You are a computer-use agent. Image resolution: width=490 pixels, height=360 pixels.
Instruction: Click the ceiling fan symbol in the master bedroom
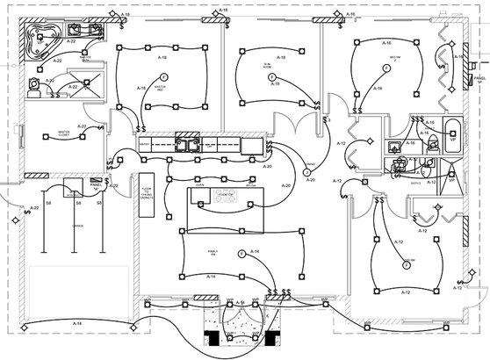pos(162,78)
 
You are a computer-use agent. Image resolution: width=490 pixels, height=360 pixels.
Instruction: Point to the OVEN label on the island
pos(199,185)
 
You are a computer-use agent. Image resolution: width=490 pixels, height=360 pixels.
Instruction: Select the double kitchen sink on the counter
pos(186,143)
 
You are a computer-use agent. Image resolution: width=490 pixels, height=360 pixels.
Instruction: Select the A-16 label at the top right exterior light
pos(349,14)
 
